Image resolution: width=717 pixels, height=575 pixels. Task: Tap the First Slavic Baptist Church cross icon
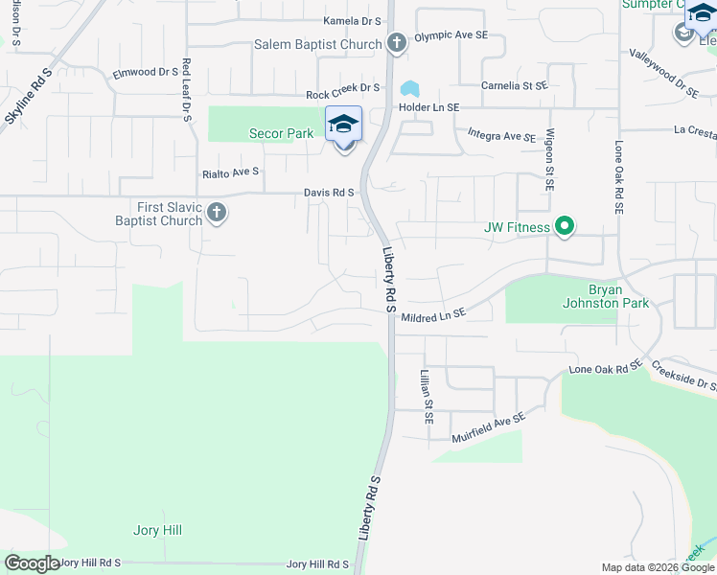coord(217,213)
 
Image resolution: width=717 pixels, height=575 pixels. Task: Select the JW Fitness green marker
coord(566,227)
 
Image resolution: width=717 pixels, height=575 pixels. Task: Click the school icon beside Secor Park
coord(343,125)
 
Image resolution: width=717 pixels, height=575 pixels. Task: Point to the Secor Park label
coord(281,133)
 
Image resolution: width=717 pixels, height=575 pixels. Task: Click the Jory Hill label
coord(157,530)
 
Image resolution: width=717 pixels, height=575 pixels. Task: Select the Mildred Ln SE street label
coord(433,315)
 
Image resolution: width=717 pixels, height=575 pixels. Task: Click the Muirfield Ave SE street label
coord(489,427)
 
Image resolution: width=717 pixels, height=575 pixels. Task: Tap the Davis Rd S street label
coord(330,193)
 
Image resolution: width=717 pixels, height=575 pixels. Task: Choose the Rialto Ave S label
coord(231,172)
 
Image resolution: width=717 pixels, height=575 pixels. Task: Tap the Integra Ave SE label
coord(501,136)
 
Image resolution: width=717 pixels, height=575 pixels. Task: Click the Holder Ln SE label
coord(428,108)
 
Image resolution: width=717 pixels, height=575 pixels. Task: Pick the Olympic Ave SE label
coord(451,35)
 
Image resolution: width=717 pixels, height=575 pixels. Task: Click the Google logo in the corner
coord(32,563)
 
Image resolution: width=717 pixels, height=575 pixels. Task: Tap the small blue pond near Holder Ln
coord(410,89)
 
